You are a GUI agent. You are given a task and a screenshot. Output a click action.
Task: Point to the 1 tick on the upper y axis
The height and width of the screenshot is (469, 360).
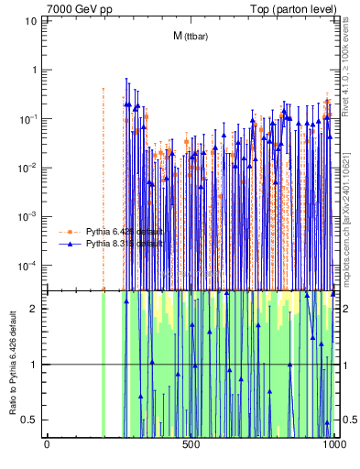[34, 70]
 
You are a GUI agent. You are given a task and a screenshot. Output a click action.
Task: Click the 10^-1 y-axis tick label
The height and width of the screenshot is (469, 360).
[29, 118]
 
